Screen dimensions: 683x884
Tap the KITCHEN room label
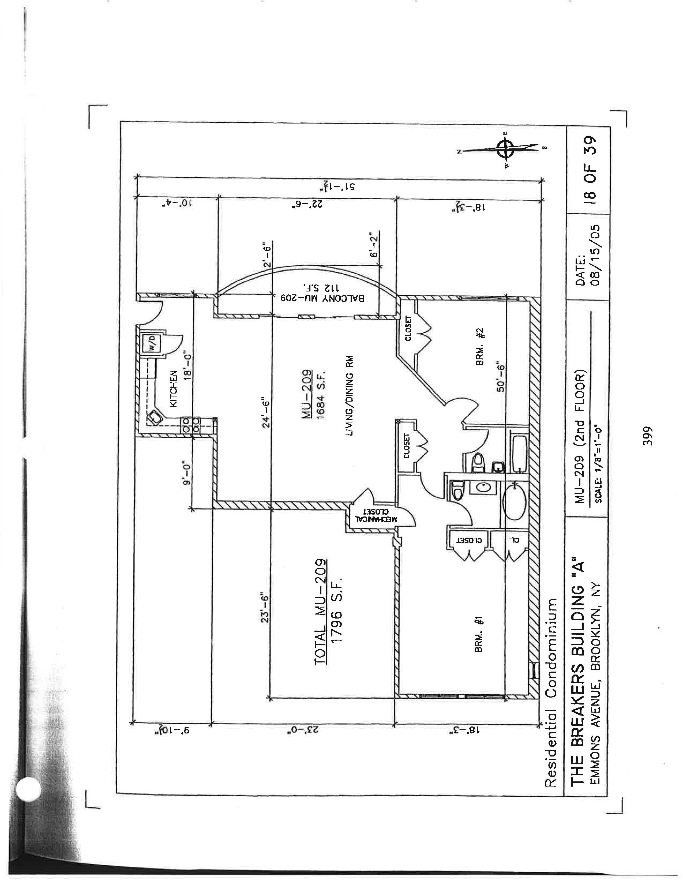pyautogui.click(x=173, y=389)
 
